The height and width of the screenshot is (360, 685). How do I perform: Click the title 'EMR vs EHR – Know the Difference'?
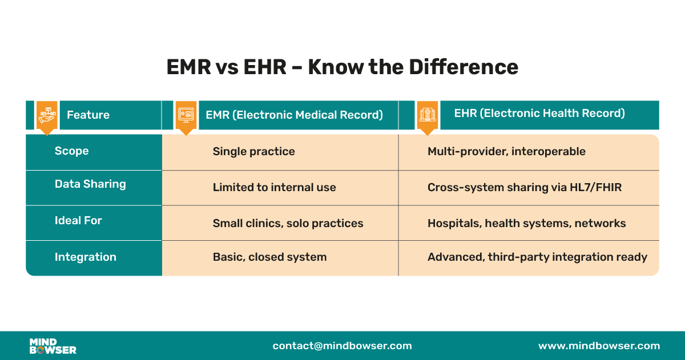(x=342, y=67)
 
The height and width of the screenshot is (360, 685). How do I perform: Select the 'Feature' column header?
(x=88, y=115)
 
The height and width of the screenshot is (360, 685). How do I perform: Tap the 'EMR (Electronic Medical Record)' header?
(x=294, y=115)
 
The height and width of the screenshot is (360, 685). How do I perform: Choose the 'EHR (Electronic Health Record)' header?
(x=539, y=113)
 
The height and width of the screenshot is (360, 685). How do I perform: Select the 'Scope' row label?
(x=72, y=151)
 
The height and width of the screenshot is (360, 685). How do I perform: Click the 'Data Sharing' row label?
(x=90, y=184)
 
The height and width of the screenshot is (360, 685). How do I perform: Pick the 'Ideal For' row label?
(x=78, y=220)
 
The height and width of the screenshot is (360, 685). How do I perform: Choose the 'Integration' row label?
(x=85, y=257)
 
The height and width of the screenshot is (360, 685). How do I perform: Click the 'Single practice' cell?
(x=253, y=152)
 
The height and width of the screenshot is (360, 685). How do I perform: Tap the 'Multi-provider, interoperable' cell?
(x=506, y=152)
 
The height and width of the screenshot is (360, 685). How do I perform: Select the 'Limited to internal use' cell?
(x=274, y=188)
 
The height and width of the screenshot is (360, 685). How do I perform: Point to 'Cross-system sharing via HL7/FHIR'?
(x=524, y=188)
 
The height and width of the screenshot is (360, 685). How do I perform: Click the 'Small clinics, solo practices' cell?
(x=288, y=224)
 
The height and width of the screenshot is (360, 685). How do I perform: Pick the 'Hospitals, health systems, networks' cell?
(x=526, y=224)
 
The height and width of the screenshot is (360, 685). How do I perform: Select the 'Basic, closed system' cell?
(x=269, y=257)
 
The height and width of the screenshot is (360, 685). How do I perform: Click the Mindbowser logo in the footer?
(x=53, y=346)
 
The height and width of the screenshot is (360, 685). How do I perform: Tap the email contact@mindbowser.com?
(x=342, y=346)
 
